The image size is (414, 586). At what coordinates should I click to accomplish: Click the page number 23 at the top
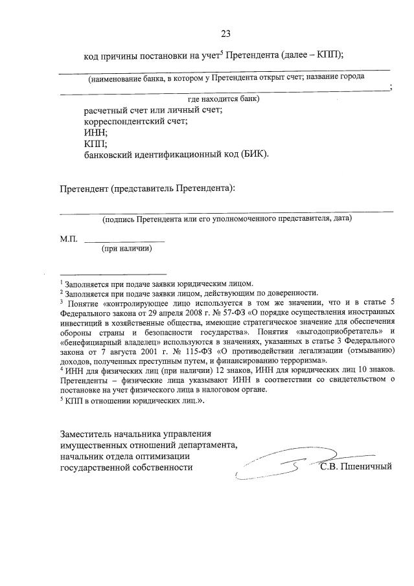pyautogui.click(x=225, y=34)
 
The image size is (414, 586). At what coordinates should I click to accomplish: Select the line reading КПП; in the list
pyautogui.click(x=96, y=143)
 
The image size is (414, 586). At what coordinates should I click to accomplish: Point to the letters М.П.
pyautogui.click(x=69, y=239)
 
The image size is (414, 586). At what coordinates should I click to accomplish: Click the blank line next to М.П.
pyautogui.click(x=124, y=241)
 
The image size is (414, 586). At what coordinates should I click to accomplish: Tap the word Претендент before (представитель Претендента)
pyautogui.click(x=83, y=189)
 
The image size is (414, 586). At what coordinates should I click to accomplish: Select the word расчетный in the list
pyautogui.click(x=106, y=109)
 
